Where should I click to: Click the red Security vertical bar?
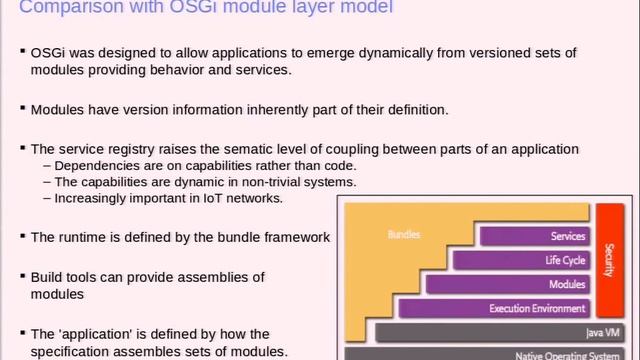609,259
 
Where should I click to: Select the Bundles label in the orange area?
403,235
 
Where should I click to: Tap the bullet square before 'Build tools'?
22,275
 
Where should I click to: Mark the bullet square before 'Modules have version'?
22,109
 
